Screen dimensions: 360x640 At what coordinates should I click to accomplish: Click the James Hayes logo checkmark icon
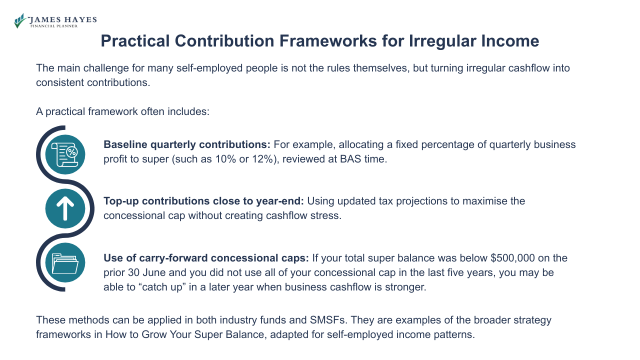coord(20,21)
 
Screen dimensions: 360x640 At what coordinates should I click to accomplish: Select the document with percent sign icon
coord(65,154)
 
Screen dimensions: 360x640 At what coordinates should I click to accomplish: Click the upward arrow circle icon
coord(65,208)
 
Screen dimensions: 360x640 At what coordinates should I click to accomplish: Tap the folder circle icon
coord(65,262)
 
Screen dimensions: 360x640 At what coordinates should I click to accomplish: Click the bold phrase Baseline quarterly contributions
coord(187,144)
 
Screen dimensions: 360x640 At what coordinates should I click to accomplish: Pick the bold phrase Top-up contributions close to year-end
coord(204,201)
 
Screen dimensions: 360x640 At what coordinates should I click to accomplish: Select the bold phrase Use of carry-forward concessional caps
coord(206,258)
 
